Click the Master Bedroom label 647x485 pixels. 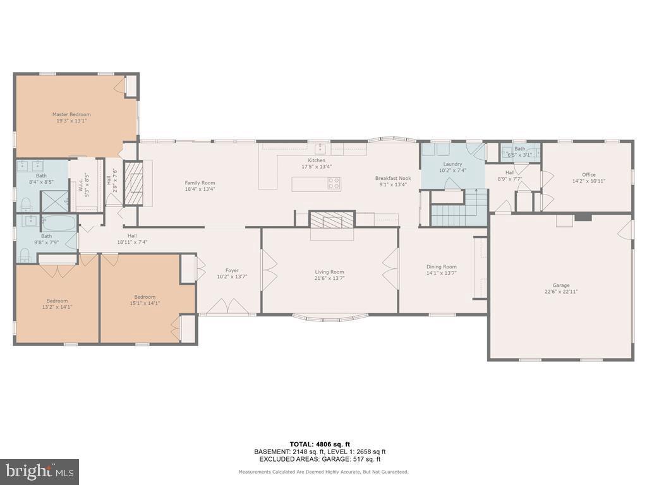[x=71, y=114]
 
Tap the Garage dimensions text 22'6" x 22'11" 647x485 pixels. [x=561, y=292]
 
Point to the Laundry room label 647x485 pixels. [x=452, y=164]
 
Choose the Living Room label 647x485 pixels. [x=329, y=272]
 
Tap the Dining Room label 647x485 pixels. [x=441, y=266]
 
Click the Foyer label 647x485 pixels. [x=232, y=270]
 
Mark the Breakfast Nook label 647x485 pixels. [x=392, y=178]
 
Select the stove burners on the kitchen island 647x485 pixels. [x=334, y=184]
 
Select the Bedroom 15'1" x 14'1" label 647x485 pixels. [x=145, y=297]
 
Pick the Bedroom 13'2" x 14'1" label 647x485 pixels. [x=57, y=301]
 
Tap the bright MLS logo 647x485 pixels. [x=39, y=471]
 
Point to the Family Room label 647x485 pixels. [x=200, y=183]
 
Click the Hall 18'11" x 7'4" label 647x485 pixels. [x=131, y=236]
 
